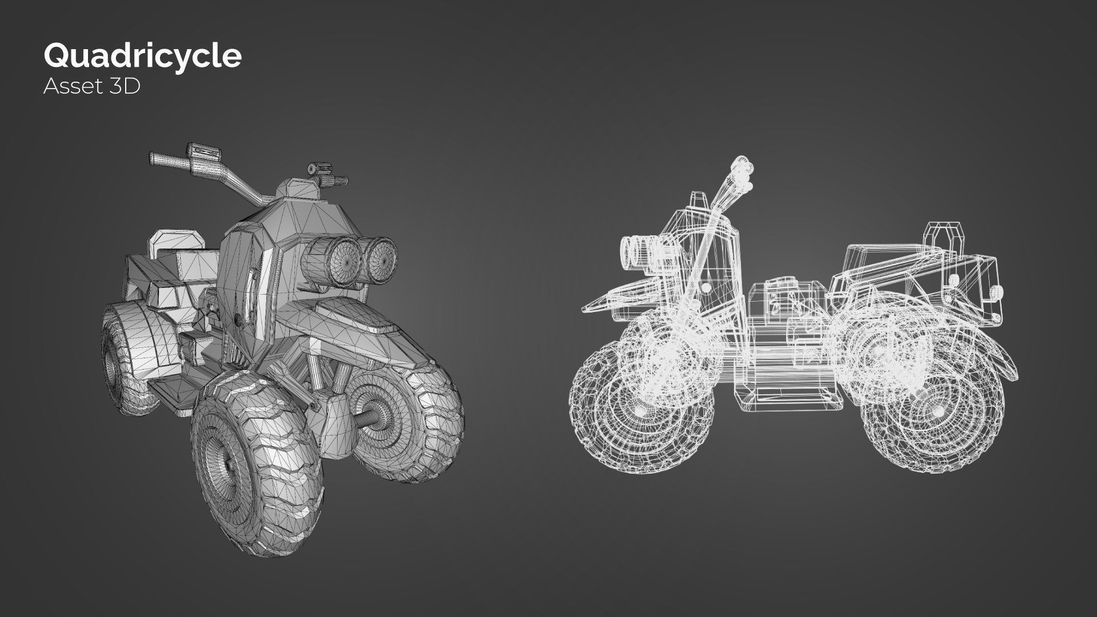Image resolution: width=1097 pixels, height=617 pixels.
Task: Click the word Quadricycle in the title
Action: click(142, 56)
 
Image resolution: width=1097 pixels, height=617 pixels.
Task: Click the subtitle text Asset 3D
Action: click(91, 86)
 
